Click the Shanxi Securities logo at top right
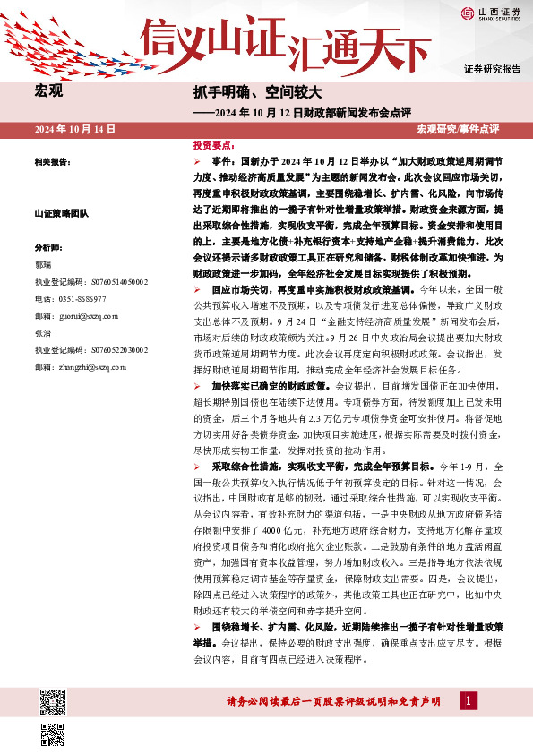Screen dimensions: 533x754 pos(491,13)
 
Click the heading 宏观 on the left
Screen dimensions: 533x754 pos(48,92)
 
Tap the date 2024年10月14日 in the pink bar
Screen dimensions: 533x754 pos(75,130)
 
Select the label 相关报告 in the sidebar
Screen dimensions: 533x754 pos(52,162)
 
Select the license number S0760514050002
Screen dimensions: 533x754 pos(91,282)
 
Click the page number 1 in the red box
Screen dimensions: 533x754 pos(468,700)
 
